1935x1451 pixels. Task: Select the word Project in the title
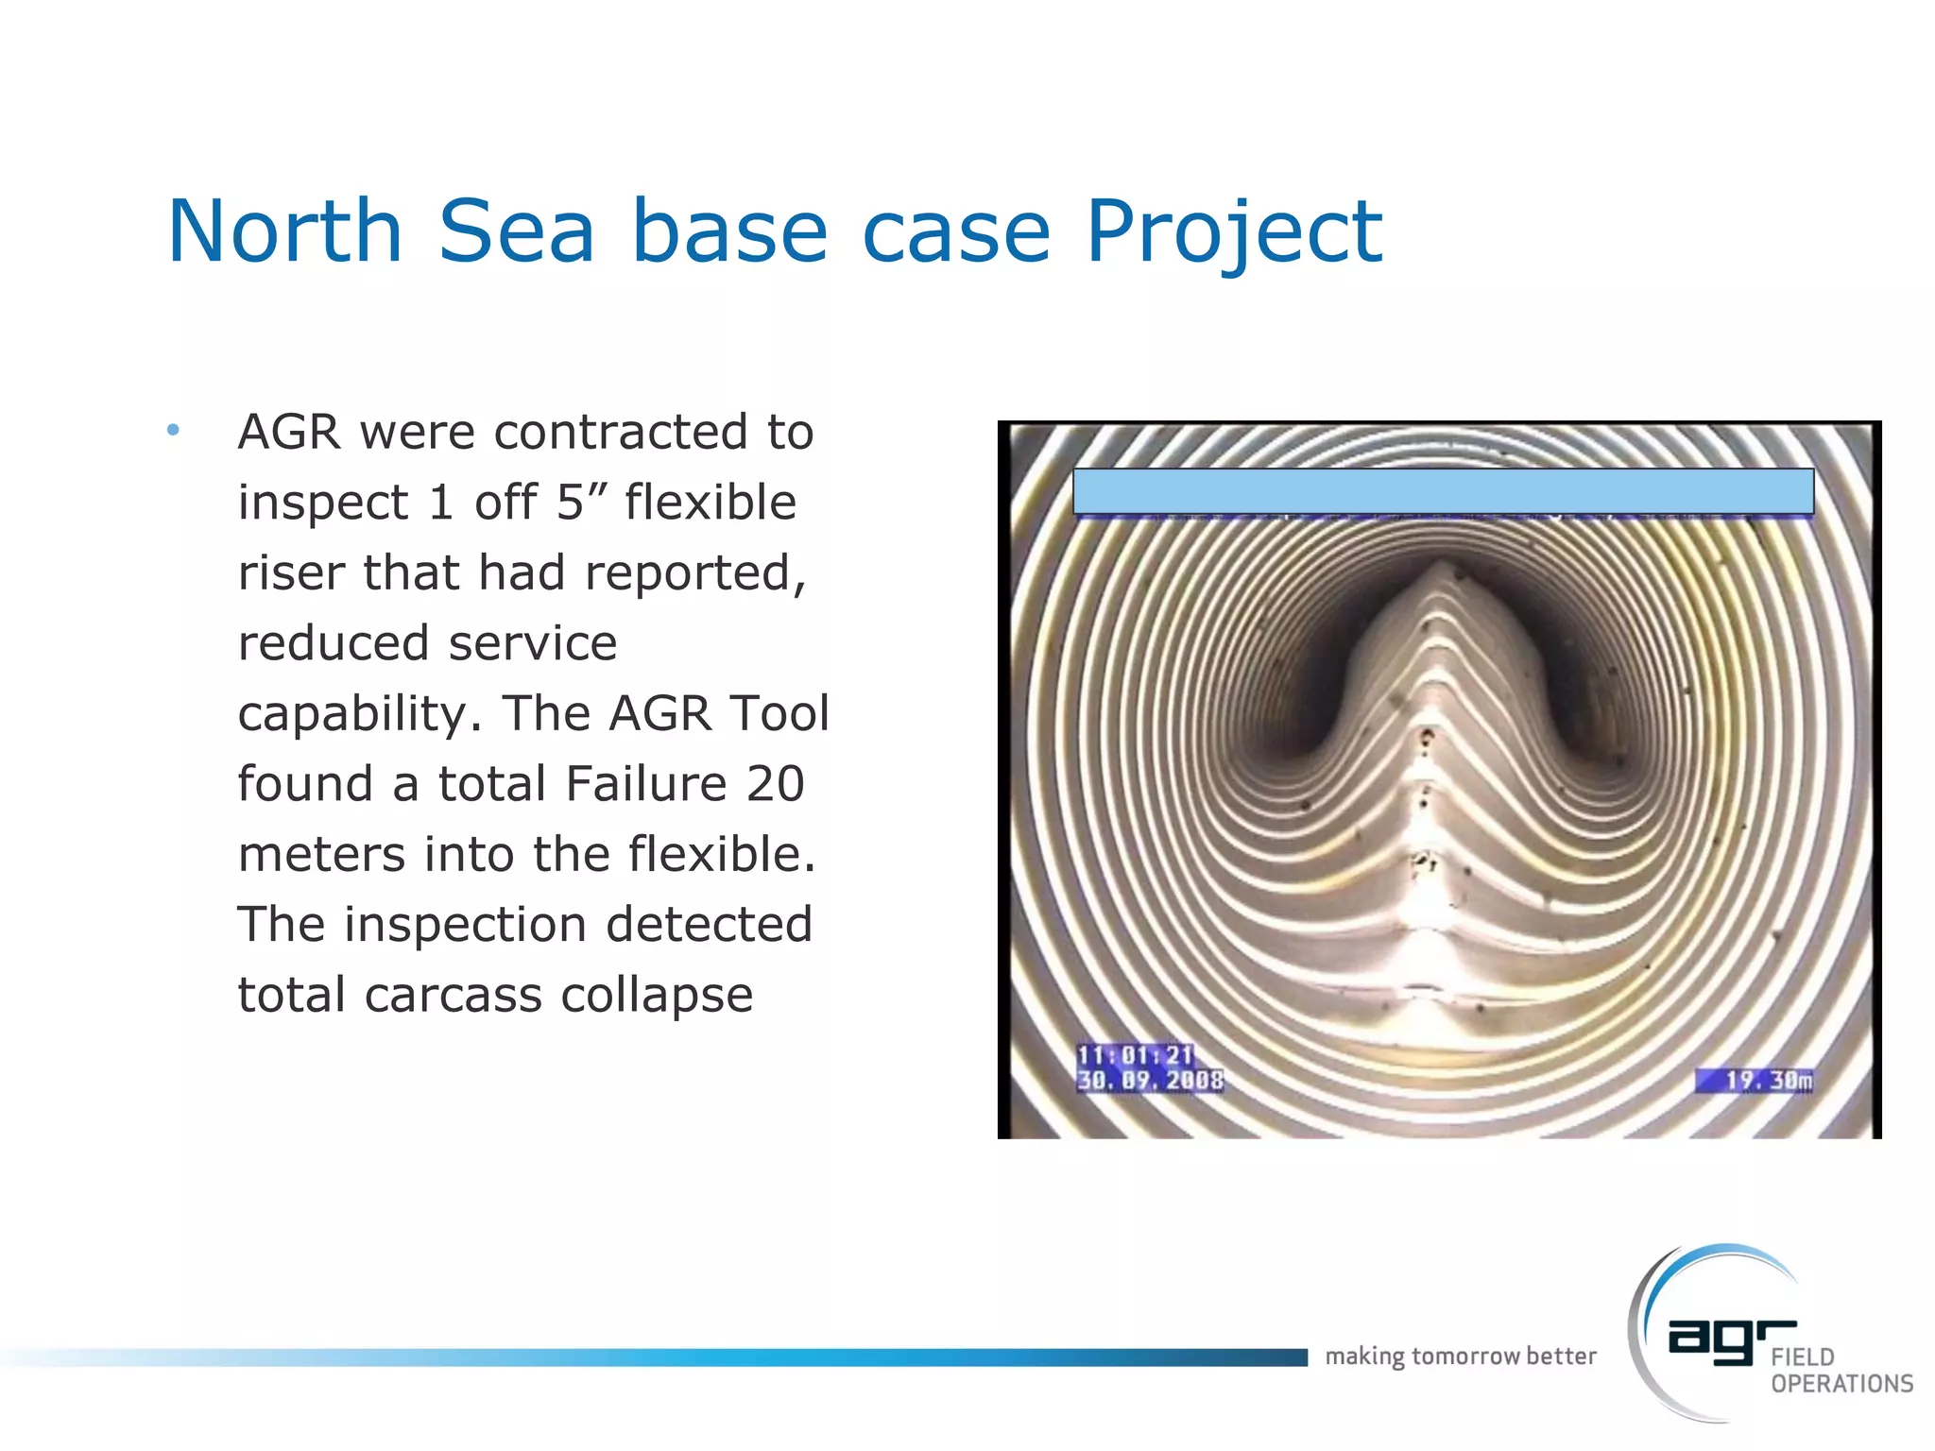click(1234, 231)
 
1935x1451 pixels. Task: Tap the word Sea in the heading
click(516, 231)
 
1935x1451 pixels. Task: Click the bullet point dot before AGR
click(173, 431)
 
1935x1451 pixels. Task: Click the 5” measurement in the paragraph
click(582, 502)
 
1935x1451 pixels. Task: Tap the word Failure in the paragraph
click(646, 784)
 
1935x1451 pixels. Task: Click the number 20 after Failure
click(776, 784)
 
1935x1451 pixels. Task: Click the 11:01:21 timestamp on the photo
click(1135, 1055)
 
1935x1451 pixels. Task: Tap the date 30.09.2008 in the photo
click(1150, 1080)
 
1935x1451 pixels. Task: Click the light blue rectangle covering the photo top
click(1443, 491)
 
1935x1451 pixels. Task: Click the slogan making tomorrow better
click(1460, 1357)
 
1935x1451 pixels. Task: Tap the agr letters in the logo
click(1731, 1339)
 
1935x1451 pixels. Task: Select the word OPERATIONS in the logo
click(1841, 1384)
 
